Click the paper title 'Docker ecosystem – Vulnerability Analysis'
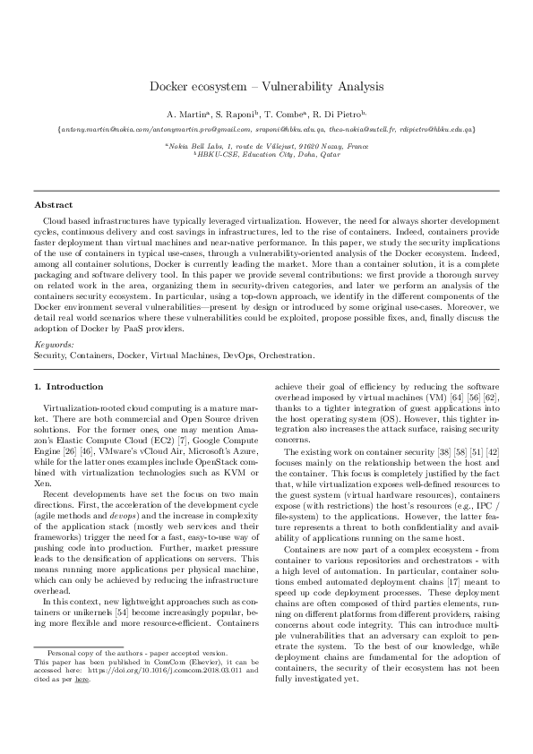coord(266,87)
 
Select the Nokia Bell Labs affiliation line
coord(266,145)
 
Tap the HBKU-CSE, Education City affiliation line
coord(266,154)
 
